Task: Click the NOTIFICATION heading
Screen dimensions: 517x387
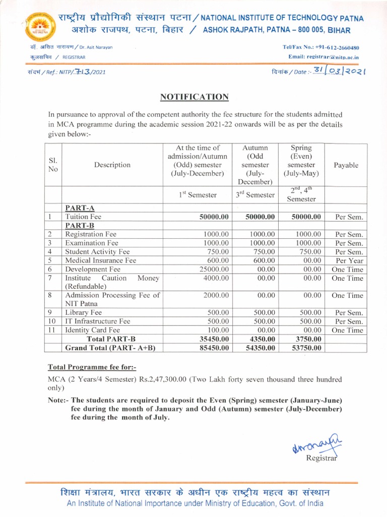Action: coord(194,97)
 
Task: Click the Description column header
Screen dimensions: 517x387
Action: coord(112,165)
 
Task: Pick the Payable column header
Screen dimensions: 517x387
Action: coord(346,165)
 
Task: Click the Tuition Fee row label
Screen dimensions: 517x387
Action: coord(83,217)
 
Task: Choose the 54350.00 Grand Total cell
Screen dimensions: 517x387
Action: coord(260,348)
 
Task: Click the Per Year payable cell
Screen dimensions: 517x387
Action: coord(347,261)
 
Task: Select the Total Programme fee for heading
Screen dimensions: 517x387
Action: coord(92,367)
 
